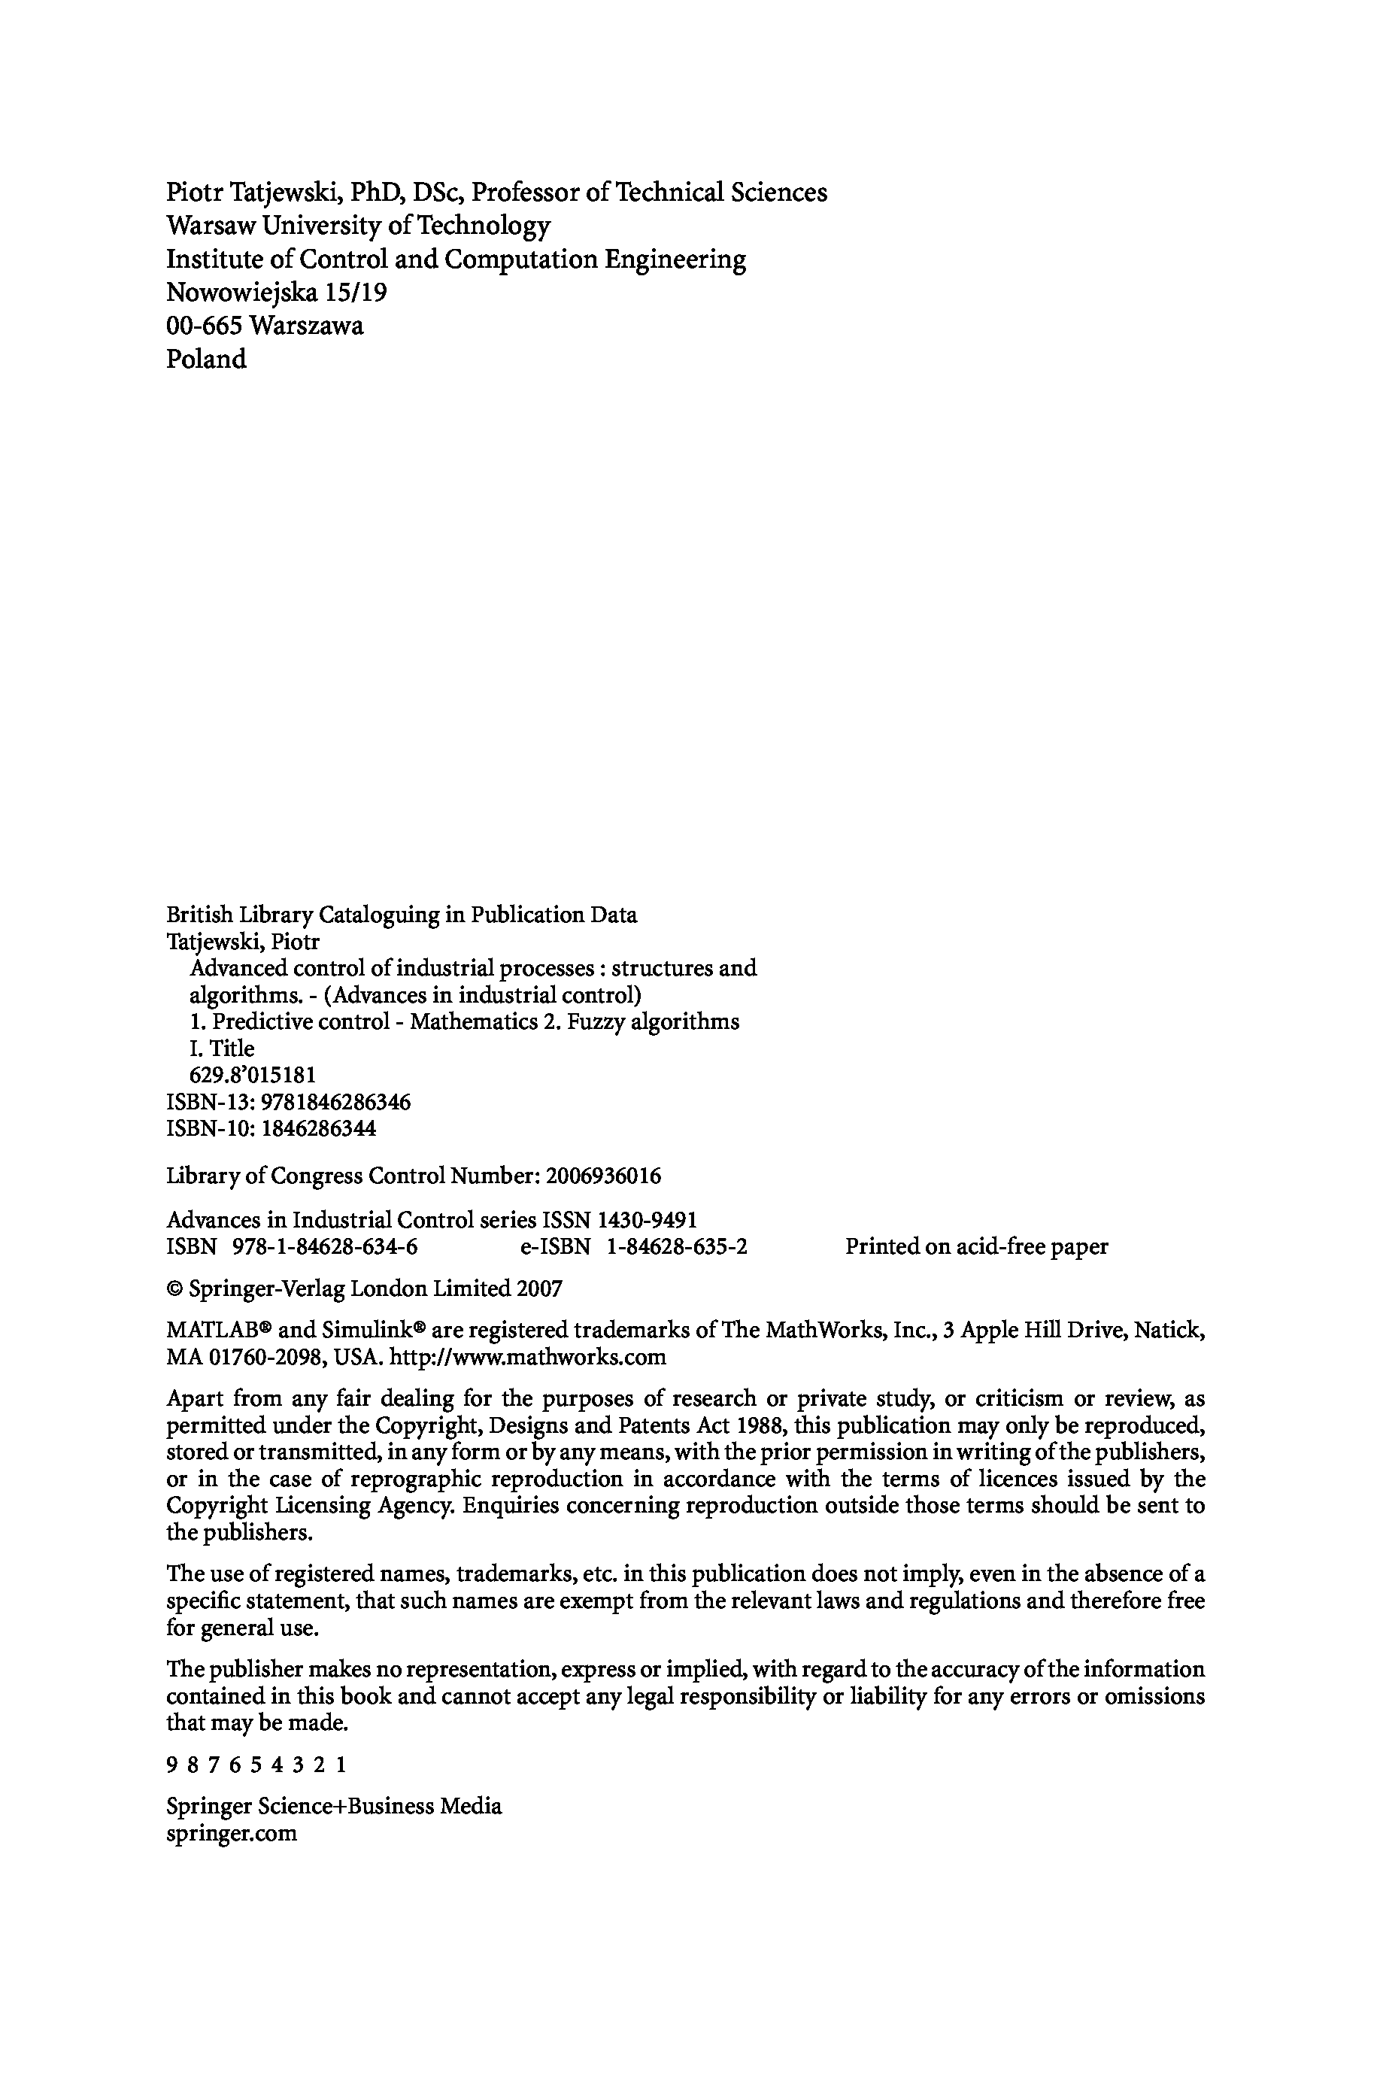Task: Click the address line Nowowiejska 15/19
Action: pos(276,293)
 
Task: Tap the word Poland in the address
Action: pos(206,359)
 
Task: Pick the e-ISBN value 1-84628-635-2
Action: pos(676,1247)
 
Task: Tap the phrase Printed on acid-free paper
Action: pos(977,1247)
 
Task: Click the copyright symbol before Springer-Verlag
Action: pos(174,1290)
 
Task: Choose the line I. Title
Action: pos(222,1049)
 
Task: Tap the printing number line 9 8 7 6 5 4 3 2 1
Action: pos(256,1766)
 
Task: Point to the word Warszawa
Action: pos(307,326)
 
